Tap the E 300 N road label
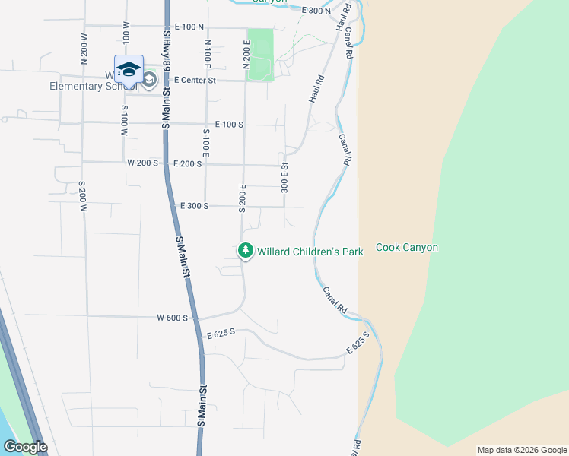[x=316, y=11]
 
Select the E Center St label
[x=195, y=80]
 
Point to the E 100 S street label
[x=229, y=124]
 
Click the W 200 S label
[x=142, y=163]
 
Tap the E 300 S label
[x=194, y=206]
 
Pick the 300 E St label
[x=284, y=178]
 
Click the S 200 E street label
[x=243, y=198]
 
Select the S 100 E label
[x=205, y=144]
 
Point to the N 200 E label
[x=246, y=55]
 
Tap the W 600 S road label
[x=172, y=318]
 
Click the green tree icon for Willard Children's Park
[x=246, y=250]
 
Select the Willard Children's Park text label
[x=310, y=251]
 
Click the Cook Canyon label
[x=407, y=248]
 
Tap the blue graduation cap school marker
[x=129, y=69]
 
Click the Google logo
[x=24, y=447]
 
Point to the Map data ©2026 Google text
[x=521, y=450]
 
